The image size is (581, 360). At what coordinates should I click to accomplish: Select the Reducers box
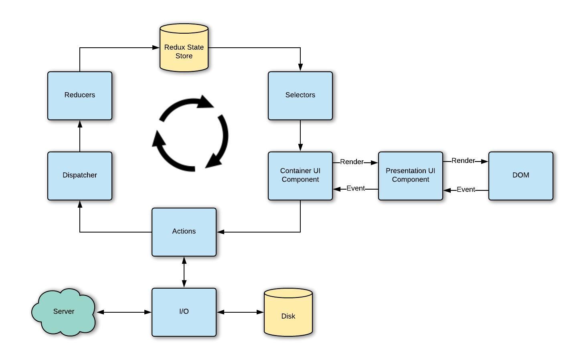[80, 95]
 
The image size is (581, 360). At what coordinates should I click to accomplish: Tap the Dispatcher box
[80, 176]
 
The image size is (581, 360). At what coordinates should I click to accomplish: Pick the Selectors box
[300, 95]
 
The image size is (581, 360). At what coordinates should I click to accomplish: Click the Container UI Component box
[300, 176]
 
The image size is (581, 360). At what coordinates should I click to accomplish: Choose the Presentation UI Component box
[410, 176]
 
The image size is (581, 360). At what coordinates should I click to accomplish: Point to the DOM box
[520, 176]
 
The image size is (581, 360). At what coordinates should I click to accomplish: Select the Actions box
[184, 232]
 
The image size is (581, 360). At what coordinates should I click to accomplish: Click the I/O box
[184, 312]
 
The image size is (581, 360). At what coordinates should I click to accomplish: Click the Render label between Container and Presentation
[352, 162]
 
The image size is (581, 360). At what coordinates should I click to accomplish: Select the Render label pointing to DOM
[463, 161]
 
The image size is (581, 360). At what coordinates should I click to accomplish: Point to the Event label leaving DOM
[466, 190]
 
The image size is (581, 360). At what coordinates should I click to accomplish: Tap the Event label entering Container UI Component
[356, 188]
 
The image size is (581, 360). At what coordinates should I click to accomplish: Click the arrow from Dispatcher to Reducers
[80, 136]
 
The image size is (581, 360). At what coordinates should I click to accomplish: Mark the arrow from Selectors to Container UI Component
[300, 136]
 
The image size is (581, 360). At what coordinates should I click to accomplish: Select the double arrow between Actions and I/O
[184, 272]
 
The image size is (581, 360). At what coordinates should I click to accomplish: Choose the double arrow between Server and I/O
[124, 312]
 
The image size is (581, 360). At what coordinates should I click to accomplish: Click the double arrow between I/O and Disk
[240, 312]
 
